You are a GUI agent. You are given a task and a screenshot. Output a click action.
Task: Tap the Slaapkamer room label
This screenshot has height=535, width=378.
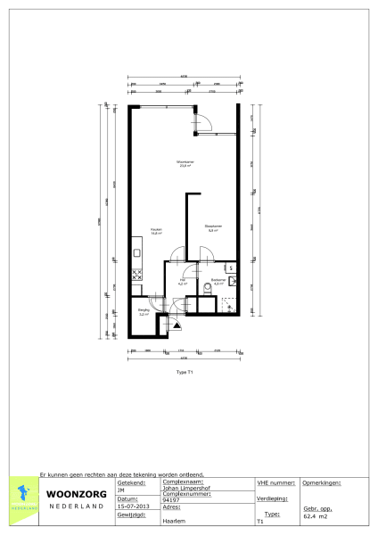212,227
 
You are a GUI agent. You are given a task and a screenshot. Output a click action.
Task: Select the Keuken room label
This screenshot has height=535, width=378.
155,230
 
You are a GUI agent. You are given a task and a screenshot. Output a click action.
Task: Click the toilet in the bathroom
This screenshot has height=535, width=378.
206,285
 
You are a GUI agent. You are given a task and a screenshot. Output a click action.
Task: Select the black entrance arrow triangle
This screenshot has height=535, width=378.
177,325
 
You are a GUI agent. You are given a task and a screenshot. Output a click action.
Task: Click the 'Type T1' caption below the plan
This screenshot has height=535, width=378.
185,372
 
